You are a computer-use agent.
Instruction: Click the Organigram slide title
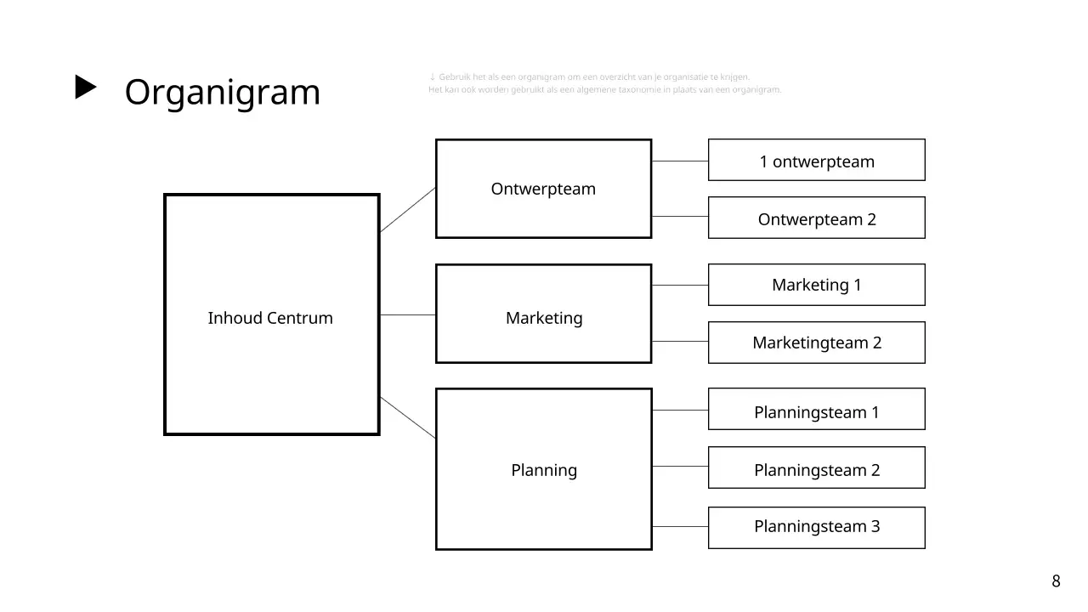222,92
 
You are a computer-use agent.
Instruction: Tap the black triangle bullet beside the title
86,88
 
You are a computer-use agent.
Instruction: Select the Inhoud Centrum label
270,318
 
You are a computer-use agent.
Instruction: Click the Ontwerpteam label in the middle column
543,189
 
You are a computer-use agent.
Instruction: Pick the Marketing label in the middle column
544,318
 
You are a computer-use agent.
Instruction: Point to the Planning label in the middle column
544,470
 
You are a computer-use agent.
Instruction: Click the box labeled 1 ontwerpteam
816,161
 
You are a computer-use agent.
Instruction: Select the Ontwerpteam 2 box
816,218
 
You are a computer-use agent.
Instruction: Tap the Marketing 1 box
816,285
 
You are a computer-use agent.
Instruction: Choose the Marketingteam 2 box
816,343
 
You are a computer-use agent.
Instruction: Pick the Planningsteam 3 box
816,527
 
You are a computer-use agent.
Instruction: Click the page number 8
1056,581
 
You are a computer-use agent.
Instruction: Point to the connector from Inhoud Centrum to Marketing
408,314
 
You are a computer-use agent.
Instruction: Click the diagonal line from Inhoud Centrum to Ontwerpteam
408,209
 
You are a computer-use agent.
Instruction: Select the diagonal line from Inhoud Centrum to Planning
408,417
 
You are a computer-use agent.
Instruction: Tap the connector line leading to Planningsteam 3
680,527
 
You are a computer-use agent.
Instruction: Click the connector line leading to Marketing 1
680,285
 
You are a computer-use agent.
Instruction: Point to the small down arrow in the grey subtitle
433,77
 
